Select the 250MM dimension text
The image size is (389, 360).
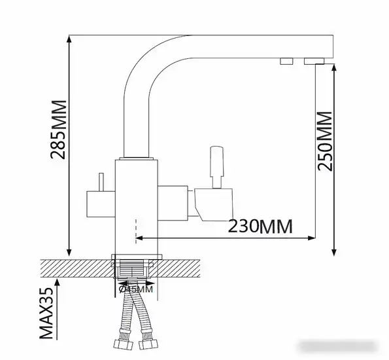324,141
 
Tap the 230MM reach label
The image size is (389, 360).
259,226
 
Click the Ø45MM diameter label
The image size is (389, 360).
137,288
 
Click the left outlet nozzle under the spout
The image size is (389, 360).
286,61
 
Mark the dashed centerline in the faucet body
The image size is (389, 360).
135,226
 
